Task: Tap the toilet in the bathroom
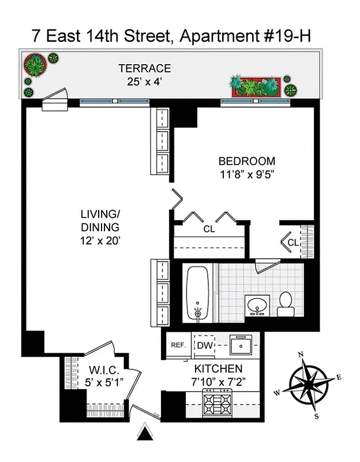coord(285,305)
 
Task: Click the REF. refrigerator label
coord(178,345)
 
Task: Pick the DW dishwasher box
coord(204,345)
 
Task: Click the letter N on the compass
coord(300,355)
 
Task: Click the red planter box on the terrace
coord(256,86)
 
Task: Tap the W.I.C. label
coord(104,370)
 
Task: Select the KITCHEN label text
coord(217,368)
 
